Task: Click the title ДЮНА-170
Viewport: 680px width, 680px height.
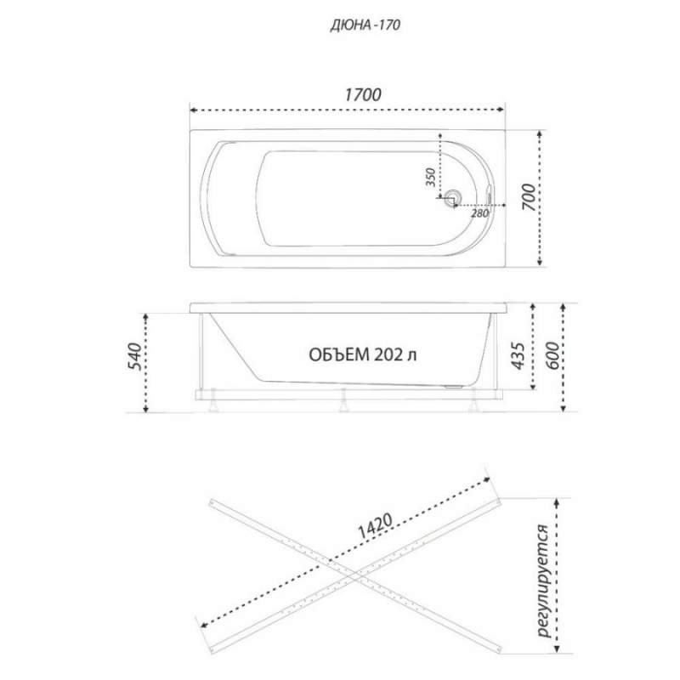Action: (365, 25)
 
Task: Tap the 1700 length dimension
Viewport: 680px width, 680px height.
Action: (363, 95)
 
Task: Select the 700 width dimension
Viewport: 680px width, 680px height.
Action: (528, 197)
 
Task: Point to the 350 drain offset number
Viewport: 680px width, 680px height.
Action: (430, 177)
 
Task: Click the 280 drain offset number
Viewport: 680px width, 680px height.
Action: (479, 213)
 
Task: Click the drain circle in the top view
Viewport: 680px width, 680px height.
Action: (453, 197)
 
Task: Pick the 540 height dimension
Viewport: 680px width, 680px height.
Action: (134, 356)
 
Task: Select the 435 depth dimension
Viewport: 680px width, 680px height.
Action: (518, 356)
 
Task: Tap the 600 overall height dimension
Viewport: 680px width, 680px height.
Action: (552, 356)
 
